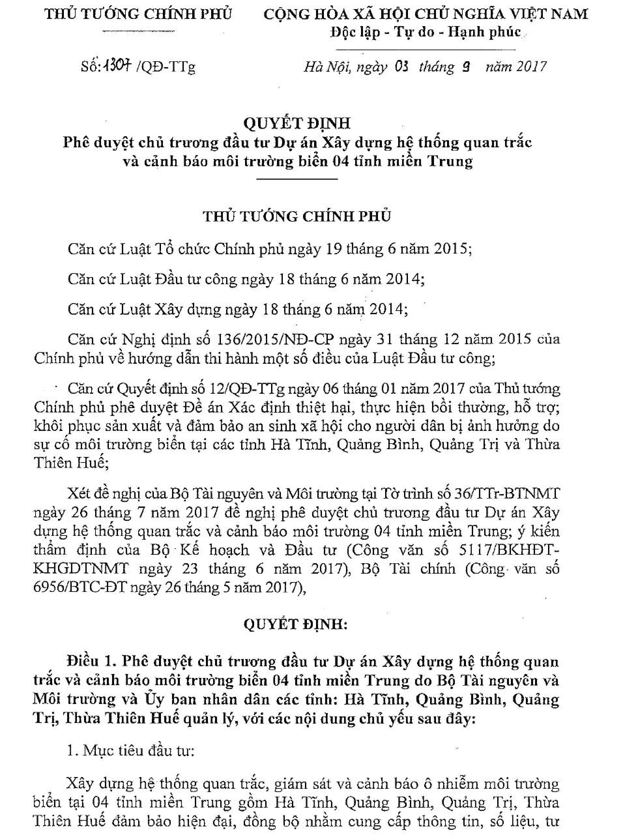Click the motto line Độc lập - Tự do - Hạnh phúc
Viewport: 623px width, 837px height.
pyautogui.click(x=426, y=33)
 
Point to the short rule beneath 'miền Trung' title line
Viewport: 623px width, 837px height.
pyautogui.click(x=297, y=179)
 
